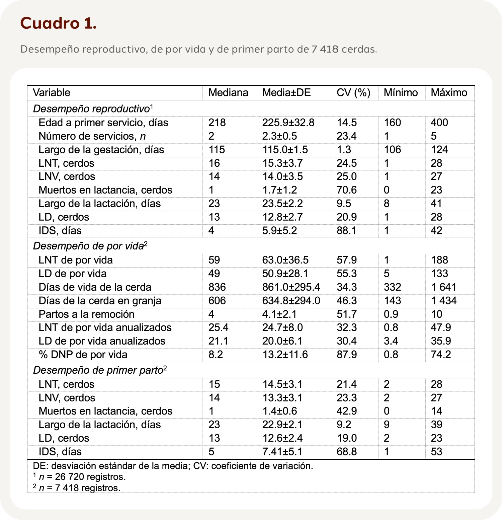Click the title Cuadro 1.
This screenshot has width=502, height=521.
coord(58,23)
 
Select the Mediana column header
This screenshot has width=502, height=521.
coord(228,93)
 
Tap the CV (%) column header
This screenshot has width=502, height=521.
coord(353,93)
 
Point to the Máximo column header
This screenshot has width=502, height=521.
coord(449,93)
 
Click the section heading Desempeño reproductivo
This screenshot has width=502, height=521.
coord(91,109)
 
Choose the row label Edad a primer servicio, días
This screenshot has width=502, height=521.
coord(103,123)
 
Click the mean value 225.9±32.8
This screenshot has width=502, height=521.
coord(288,123)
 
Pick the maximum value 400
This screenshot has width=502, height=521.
coord(439,123)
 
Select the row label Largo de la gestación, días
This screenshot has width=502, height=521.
coord(101,150)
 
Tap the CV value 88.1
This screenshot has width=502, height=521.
coord(346,231)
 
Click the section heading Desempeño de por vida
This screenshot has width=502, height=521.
coord(88,246)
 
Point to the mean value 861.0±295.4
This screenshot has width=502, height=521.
coord(291,287)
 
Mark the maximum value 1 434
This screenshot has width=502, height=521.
coord(443,301)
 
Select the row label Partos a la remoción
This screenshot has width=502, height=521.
coord(86,314)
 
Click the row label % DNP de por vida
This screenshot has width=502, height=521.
coord(83,355)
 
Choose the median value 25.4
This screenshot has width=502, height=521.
coord(218,327)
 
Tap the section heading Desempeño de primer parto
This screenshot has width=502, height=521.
coord(98,370)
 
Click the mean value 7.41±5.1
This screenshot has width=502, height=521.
coord(282,452)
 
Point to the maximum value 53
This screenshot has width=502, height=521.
coord(436,452)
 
